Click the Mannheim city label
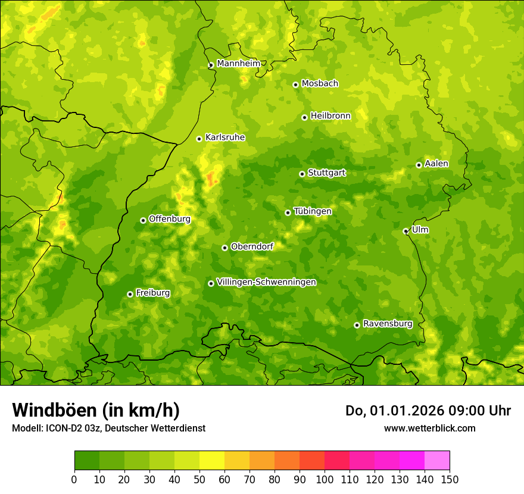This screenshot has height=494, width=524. [x=238, y=63]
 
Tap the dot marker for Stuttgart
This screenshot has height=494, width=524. [x=302, y=174]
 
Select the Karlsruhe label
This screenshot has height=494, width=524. [x=225, y=137]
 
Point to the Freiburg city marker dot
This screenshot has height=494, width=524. [x=130, y=294]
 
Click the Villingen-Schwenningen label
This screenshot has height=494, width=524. [x=266, y=282]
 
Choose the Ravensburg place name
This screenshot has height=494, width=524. [x=387, y=324]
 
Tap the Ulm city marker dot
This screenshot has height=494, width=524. [x=406, y=231]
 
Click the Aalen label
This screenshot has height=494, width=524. [x=436, y=163]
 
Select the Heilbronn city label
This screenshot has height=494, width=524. [x=330, y=115]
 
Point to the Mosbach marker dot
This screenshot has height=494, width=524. [x=295, y=85]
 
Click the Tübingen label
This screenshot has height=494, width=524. [x=313, y=211]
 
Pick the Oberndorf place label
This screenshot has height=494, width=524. [x=252, y=246]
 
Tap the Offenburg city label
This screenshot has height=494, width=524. [x=170, y=218]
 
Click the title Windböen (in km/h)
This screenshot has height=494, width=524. [x=95, y=410]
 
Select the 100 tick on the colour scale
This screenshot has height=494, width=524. [x=325, y=479]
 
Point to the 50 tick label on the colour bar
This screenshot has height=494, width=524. [x=199, y=479]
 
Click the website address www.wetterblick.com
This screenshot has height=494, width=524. [x=429, y=428]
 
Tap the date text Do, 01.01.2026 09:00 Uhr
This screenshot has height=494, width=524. [x=428, y=411]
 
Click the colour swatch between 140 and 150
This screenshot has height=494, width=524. [x=437, y=460]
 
